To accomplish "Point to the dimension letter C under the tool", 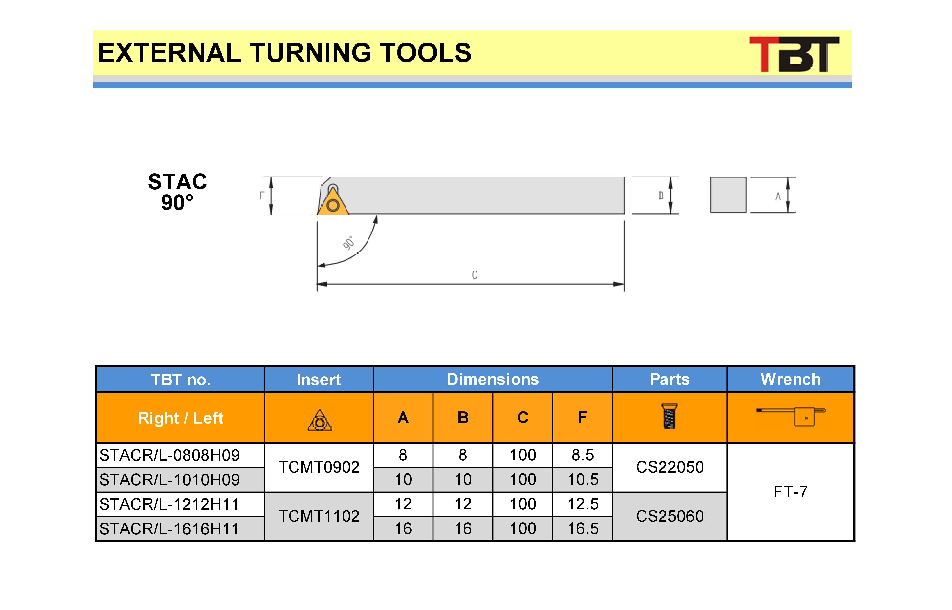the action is coord(474,275).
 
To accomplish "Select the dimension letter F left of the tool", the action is coord(262,195).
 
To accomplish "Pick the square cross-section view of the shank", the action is coord(728,195).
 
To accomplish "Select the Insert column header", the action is coord(319,379).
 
